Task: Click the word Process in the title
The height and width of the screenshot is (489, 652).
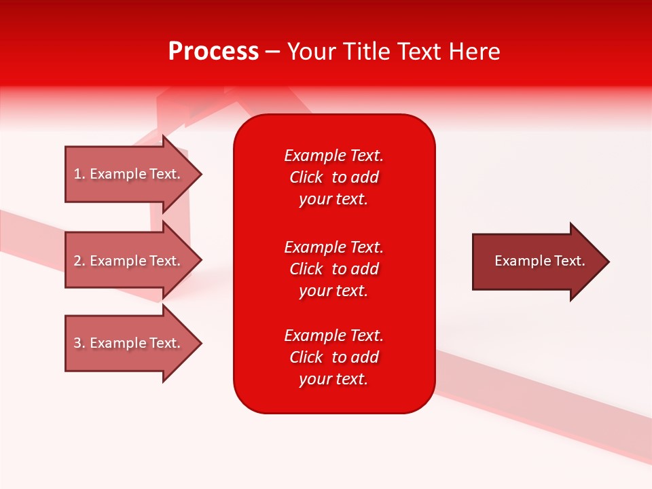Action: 213,52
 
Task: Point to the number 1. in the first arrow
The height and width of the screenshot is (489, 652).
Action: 79,175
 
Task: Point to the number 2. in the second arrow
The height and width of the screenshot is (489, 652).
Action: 79,261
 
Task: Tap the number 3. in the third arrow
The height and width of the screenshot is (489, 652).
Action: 79,343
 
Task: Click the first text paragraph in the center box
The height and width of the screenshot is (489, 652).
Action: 333,177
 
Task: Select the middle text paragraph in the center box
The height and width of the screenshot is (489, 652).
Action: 333,269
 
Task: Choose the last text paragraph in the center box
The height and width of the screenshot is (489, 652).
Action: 333,357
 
